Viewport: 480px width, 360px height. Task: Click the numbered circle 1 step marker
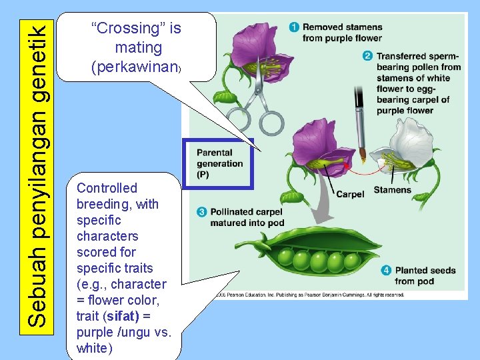click(x=294, y=27)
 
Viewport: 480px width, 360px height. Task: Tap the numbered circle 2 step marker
click(x=367, y=56)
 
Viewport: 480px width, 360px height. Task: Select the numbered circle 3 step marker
click(x=201, y=212)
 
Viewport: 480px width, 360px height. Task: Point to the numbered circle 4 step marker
click(x=387, y=271)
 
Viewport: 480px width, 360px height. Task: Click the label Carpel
click(x=350, y=194)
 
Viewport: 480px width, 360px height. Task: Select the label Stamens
click(x=392, y=190)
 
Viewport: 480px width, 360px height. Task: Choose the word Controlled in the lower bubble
click(x=107, y=188)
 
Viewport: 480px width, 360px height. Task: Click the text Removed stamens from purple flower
click(x=342, y=33)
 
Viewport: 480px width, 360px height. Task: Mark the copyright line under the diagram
click(x=307, y=294)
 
